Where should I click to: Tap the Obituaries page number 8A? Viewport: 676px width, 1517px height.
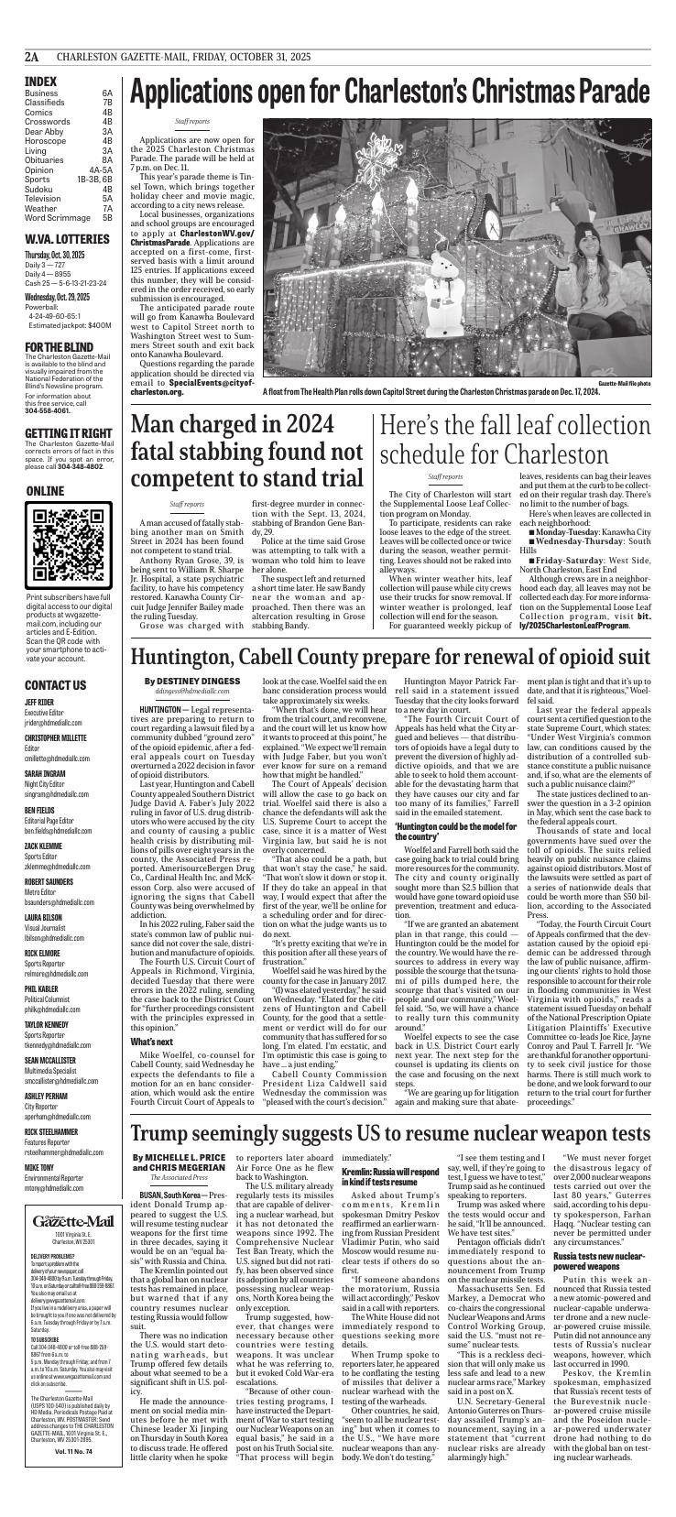tap(106, 158)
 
